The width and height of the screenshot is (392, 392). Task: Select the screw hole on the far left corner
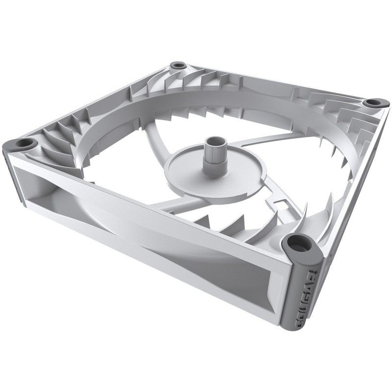tap(23, 144)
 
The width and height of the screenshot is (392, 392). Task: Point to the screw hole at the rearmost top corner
tap(178, 65)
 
